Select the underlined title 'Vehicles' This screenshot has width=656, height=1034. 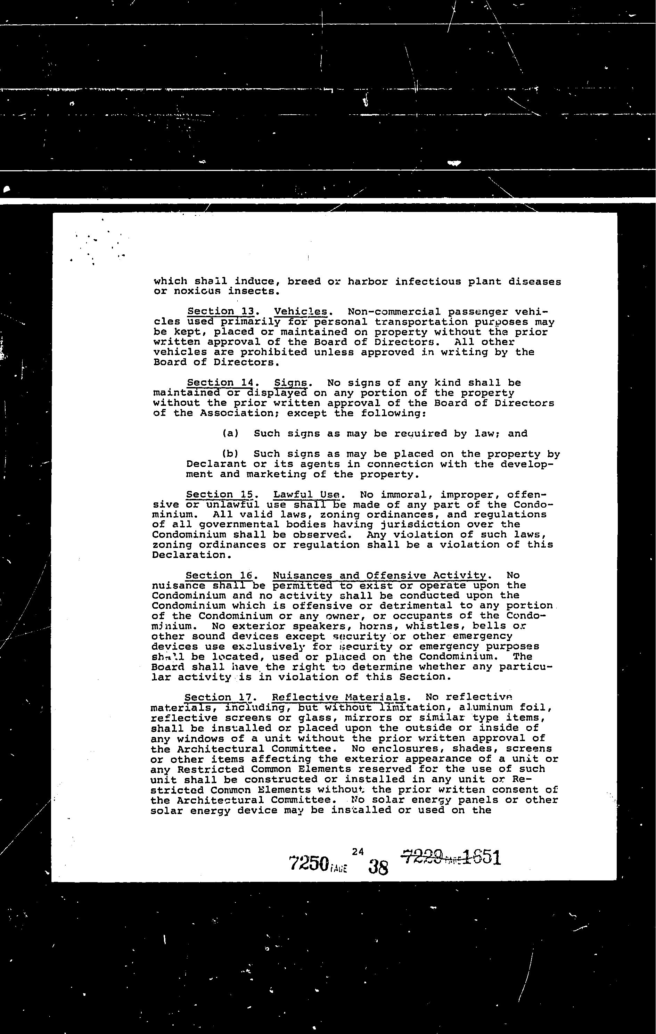point(300,312)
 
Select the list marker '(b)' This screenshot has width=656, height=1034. point(230,454)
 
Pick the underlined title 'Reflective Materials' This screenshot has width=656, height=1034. point(338,697)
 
